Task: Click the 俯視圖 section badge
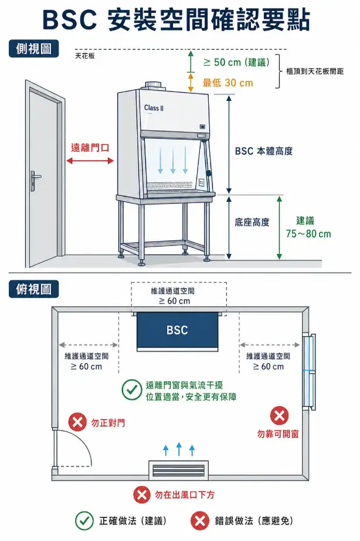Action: pos(34,289)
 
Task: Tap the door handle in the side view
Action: pos(36,175)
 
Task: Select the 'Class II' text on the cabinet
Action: pos(154,108)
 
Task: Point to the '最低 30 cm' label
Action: pos(228,83)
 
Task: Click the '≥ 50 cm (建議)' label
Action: pos(236,62)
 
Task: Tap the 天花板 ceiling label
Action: pos(85,56)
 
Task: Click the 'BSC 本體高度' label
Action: pos(263,151)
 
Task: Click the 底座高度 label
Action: pos(252,222)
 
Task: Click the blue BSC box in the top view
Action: pos(176,330)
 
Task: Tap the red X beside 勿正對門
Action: pos(77,422)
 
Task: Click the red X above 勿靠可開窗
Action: pos(279,416)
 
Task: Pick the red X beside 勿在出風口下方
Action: pos(141,495)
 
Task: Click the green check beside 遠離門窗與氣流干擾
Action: pos(130,389)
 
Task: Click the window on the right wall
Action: pos(309,371)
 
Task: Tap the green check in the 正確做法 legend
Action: pos(84,520)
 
